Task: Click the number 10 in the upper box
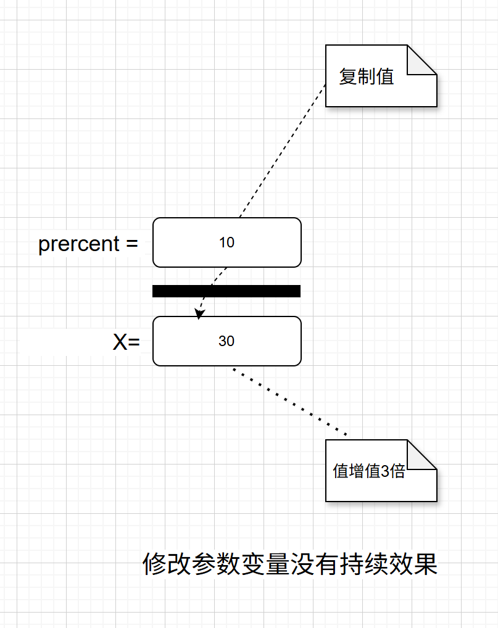point(226,242)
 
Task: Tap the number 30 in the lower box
point(226,341)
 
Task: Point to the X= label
point(126,342)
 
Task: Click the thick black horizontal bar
point(226,291)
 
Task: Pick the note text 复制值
point(367,76)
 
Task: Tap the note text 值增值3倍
point(369,471)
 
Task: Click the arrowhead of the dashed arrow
point(199,315)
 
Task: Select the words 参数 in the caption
point(216,564)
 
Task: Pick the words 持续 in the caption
point(364,564)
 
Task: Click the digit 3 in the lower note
point(386,472)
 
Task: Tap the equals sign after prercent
point(131,244)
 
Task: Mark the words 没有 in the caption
point(315,564)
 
